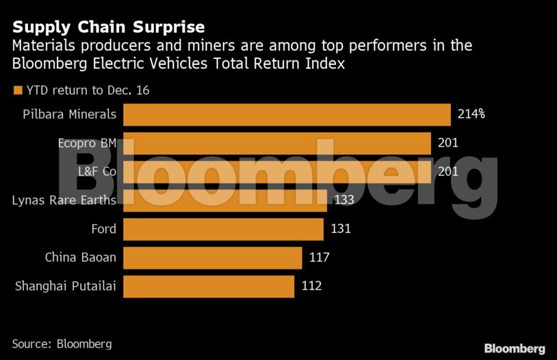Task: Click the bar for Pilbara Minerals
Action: coord(287,114)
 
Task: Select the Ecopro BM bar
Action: coord(276,143)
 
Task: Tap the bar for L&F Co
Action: coord(276,172)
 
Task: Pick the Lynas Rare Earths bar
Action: coord(225,200)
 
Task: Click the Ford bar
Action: coord(223,229)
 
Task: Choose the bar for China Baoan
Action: coord(213,258)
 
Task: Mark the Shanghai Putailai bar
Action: coord(209,286)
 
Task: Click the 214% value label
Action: coord(471,114)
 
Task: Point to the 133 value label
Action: coord(344,200)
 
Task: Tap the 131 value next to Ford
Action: coord(340,229)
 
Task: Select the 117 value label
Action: coord(319,258)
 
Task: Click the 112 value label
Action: coord(311,286)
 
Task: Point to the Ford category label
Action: coord(103,229)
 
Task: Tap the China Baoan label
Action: coord(80,258)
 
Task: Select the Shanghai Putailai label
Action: coord(65,286)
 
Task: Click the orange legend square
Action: coord(18,90)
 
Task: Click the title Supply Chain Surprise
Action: coord(109,27)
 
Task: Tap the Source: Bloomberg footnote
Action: coord(62,344)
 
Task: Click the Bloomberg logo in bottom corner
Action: coord(515,348)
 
